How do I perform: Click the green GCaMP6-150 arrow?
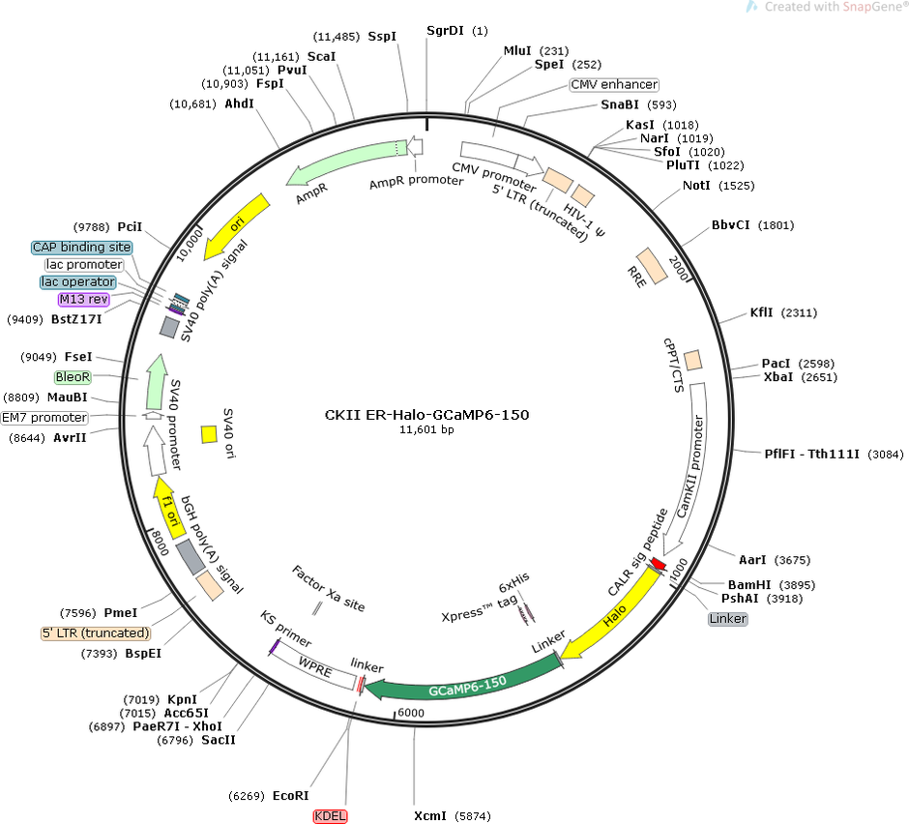point(464,685)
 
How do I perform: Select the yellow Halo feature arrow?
point(614,616)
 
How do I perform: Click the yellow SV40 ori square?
point(209,434)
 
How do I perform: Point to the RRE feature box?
point(652,266)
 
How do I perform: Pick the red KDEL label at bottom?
point(330,816)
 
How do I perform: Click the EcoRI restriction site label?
point(290,796)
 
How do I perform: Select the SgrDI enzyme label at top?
point(445,30)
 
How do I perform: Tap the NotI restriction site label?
point(696,186)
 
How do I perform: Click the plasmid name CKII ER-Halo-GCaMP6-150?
point(426,415)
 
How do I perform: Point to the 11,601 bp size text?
point(426,429)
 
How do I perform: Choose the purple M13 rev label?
point(84,299)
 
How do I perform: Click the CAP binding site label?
point(82,247)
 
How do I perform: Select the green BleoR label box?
point(73,377)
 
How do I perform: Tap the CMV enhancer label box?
point(614,85)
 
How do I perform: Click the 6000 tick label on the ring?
point(411,713)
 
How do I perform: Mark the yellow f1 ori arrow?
point(168,508)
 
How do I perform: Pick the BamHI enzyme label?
point(749,584)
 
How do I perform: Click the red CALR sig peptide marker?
point(658,564)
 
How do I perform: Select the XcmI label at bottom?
point(430,816)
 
